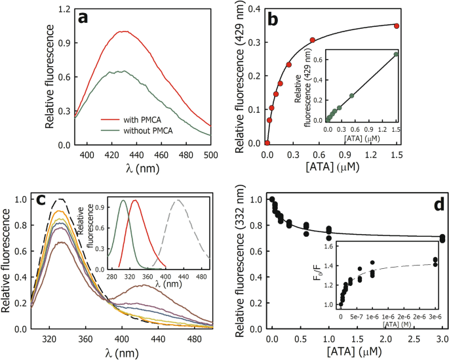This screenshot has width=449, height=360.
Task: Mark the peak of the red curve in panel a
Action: (x=121, y=31)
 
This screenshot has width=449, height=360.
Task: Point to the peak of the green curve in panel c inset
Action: (x=123, y=201)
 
